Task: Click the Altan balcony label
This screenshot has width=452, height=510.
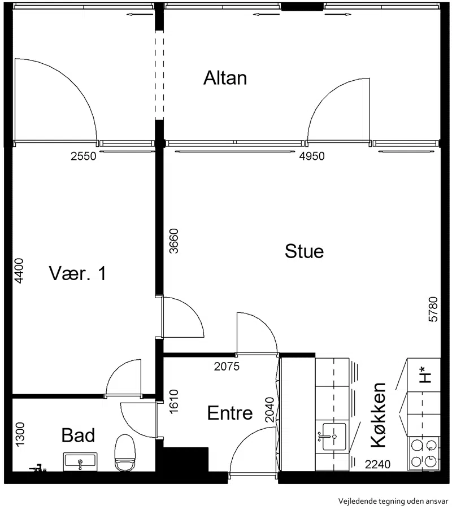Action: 225,78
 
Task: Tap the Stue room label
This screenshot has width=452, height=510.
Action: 305,251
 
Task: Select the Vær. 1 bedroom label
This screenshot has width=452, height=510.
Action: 77,273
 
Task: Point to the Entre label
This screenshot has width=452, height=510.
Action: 230,413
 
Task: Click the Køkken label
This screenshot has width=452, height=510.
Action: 378,415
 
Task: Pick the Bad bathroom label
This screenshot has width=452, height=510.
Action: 78,435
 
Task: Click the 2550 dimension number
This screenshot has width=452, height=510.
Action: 84,156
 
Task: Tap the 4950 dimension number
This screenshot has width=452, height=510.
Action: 312,156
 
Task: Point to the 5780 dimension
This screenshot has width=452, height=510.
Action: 433,310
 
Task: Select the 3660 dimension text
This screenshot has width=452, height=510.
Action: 174,241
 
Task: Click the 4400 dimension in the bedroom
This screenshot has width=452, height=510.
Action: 19,271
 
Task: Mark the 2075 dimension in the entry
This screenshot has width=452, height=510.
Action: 227,367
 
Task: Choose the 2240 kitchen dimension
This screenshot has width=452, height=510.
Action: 377,464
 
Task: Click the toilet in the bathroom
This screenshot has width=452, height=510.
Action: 125,453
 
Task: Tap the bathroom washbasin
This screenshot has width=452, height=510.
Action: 80,462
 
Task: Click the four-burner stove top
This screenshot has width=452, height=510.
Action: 423,453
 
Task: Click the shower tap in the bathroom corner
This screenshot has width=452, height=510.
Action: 38,468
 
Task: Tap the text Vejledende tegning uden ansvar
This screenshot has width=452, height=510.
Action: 393,501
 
